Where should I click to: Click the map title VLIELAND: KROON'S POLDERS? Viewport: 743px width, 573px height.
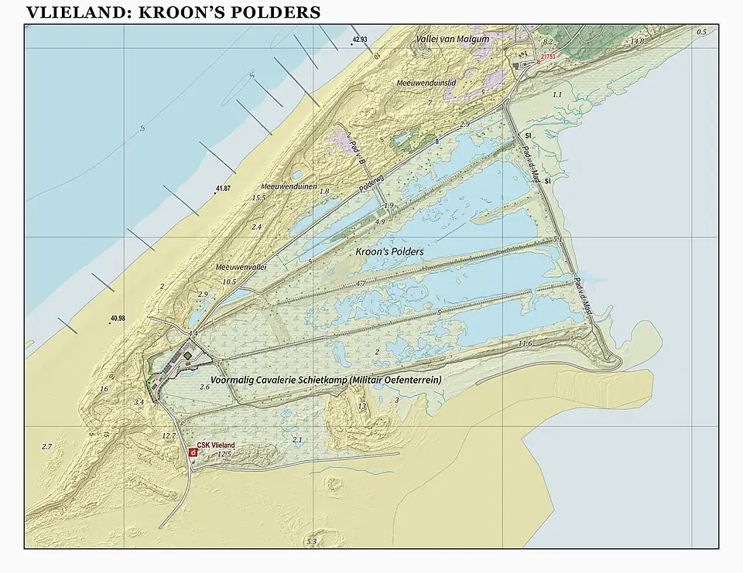pyautogui.click(x=173, y=12)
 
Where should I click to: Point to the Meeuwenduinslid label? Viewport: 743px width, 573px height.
pyautogui.click(x=426, y=82)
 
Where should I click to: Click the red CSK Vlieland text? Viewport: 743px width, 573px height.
pyautogui.click(x=216, y=445)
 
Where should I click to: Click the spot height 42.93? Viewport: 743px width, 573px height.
pyautogui.click(x=359, y=39)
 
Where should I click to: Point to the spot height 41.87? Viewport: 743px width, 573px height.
pyautogui.click(x=224, y=189)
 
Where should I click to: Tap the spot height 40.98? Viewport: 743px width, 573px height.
pyautogui.click(x=118, y=319)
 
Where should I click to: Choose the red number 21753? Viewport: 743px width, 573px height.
pyautogui.click(x=549, y=56)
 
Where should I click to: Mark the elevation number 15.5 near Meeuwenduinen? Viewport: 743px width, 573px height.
pyautogui.click(x=259, y=198)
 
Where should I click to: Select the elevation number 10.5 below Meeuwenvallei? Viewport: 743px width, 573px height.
pyautogui.click(x=228, y=282)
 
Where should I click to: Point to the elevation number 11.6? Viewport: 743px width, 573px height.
pyautogui.click(x=526, y=343)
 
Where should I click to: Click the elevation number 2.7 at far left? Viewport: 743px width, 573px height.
pyautogui.click(x=46, y=447)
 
